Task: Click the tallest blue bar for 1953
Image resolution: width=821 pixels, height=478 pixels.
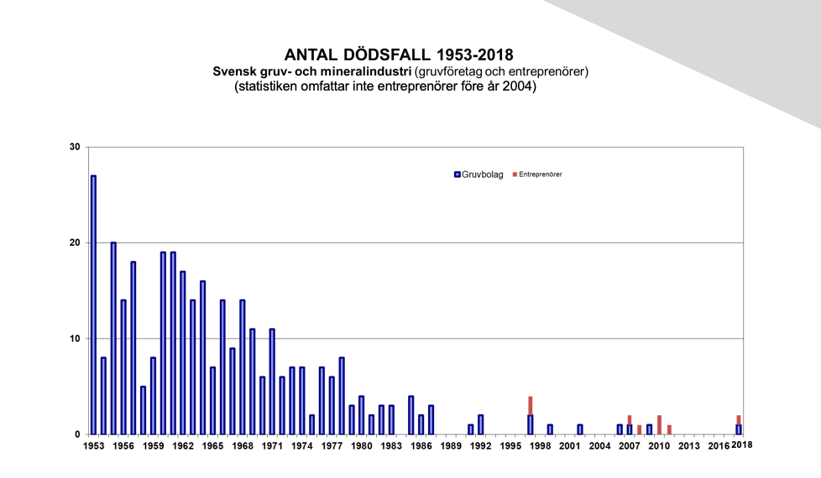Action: point(93,305)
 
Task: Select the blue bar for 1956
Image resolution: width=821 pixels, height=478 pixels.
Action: point(123,367)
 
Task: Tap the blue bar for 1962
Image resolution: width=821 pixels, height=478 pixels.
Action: point(183,353)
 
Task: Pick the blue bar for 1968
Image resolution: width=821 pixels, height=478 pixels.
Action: point(243,367)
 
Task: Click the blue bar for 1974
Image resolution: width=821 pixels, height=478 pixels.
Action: point(301,401)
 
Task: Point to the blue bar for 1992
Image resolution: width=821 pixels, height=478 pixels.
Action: point(481,424)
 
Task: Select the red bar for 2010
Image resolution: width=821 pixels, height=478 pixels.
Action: point(659,424)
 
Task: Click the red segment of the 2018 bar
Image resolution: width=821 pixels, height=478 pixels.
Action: point(739,420)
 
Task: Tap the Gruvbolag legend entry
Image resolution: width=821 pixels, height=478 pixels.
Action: point(478,174)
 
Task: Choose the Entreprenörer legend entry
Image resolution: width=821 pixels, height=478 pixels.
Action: point(537,174)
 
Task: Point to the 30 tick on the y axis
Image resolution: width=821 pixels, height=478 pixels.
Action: point(75,147)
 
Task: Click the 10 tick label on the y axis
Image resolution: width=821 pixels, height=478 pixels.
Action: point(75,338)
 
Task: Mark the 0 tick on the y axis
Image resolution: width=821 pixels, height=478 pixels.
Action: point(77,434)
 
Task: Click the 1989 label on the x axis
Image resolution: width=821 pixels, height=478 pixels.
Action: point(451,445)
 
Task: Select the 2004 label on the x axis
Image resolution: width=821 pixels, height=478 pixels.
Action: point(600,445)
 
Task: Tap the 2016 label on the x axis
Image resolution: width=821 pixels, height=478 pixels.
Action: point(719,445)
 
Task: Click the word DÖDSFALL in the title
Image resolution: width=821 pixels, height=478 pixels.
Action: point(388,55)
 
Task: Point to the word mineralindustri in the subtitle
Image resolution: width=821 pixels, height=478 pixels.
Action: point(366,71)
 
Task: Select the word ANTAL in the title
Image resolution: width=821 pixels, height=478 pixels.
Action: point(311,55)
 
